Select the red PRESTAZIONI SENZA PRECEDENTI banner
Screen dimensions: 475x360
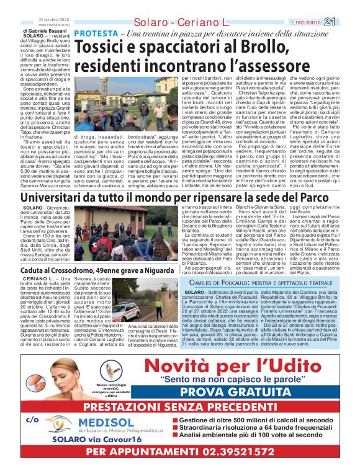pyautogui.click(x=180, y=407)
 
